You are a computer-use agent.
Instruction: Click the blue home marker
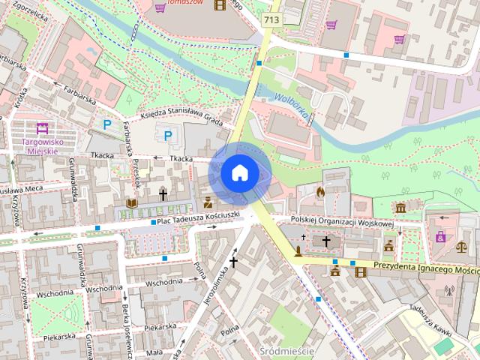238,173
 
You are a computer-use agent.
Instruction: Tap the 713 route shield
271,18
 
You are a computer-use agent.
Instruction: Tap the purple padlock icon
440,237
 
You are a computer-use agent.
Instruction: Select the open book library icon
132,203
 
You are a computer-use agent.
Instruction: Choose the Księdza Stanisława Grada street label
183,119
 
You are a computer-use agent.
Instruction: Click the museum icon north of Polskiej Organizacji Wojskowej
400,207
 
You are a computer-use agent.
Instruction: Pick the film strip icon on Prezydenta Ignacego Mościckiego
362,271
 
